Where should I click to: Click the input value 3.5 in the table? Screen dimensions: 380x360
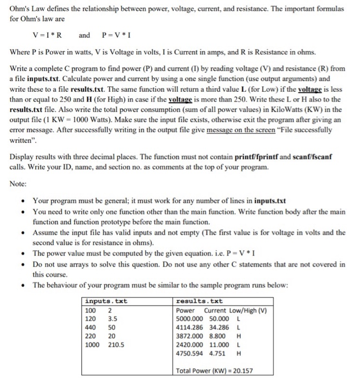113,319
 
